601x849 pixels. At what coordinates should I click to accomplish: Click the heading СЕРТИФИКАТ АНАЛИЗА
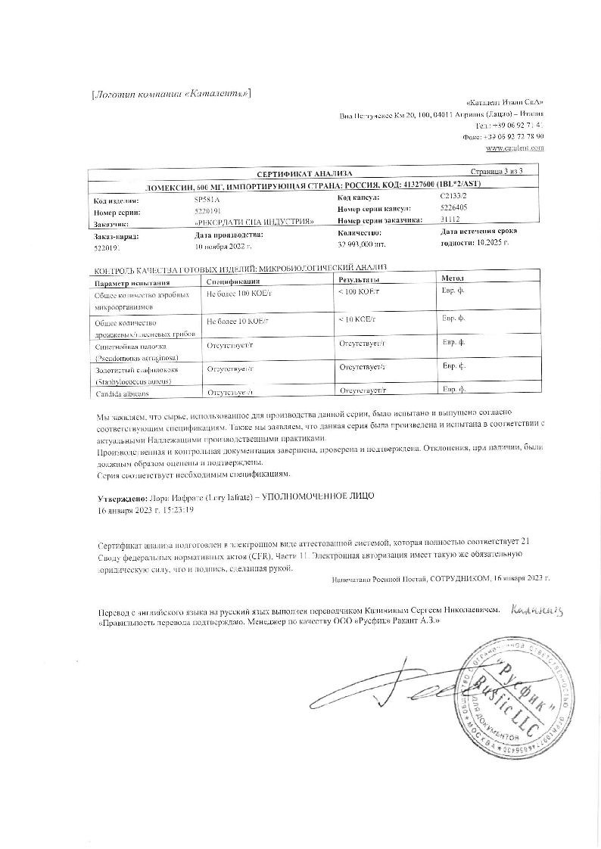(299, 173)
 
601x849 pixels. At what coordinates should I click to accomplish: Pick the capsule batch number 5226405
(453, 208)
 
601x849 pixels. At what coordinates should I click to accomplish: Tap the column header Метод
(452, 279)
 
